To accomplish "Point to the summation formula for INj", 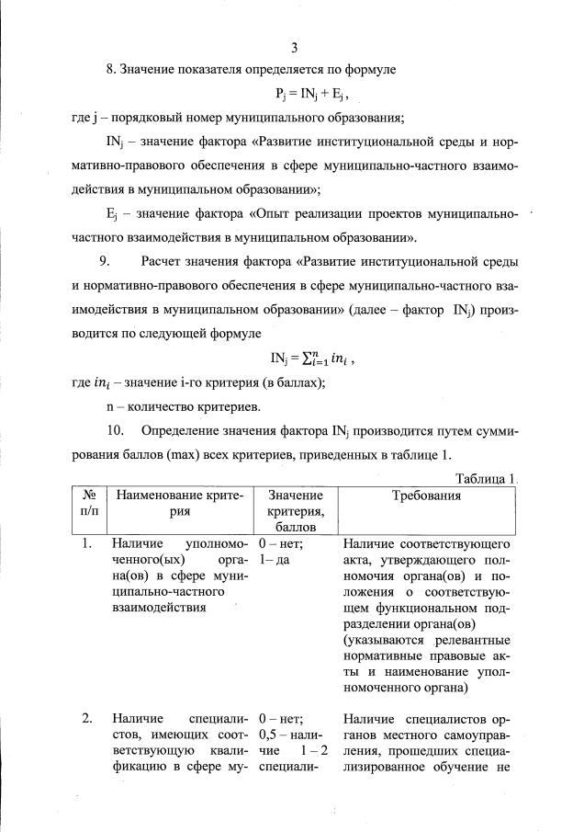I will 311,359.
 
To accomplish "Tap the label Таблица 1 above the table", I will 487,479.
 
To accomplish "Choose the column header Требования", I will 426,496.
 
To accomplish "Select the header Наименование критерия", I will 179,504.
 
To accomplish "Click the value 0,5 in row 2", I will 271,735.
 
